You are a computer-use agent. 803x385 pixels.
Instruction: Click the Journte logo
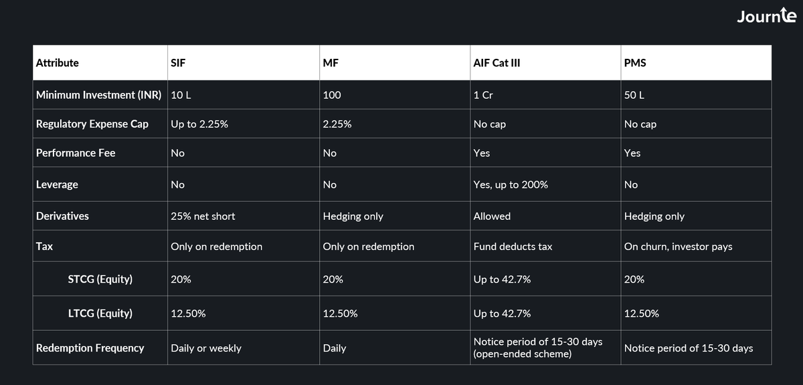(x=766, y=16)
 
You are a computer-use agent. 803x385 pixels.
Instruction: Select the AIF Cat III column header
(x=497, y=63)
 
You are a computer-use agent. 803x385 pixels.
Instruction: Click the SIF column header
(x=178, y=63)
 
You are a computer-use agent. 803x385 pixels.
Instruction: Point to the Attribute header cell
(x=58, y=63)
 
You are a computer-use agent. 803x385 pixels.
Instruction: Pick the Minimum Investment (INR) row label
(x=99, y=95)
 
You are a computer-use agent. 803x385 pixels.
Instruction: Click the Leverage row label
(x=57, y=184)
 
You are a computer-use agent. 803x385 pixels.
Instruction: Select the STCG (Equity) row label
(x=100, y=279)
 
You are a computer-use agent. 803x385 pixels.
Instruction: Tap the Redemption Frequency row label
(x=90, y=348)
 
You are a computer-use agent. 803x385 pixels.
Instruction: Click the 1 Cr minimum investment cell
(x=483, y=95)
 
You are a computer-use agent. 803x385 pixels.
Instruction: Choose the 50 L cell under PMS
(x=634, y=95)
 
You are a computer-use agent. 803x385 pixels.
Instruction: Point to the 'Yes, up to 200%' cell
(x=511, y=184)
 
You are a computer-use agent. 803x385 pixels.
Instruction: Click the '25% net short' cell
(x=203, y=216)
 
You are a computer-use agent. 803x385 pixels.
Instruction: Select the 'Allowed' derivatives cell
(x=492, y=216)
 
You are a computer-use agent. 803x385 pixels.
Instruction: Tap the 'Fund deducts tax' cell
(x=513, y=247)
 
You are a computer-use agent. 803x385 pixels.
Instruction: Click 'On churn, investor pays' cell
(x=678, y=247)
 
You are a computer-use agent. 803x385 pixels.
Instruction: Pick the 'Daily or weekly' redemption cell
(x=206, y=348)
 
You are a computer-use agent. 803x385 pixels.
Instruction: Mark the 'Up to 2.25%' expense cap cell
(x=199, y=124)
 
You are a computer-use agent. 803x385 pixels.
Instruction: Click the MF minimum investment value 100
(x=332, y=95)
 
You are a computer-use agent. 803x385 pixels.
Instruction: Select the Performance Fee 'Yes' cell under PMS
(x=632, y=153)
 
